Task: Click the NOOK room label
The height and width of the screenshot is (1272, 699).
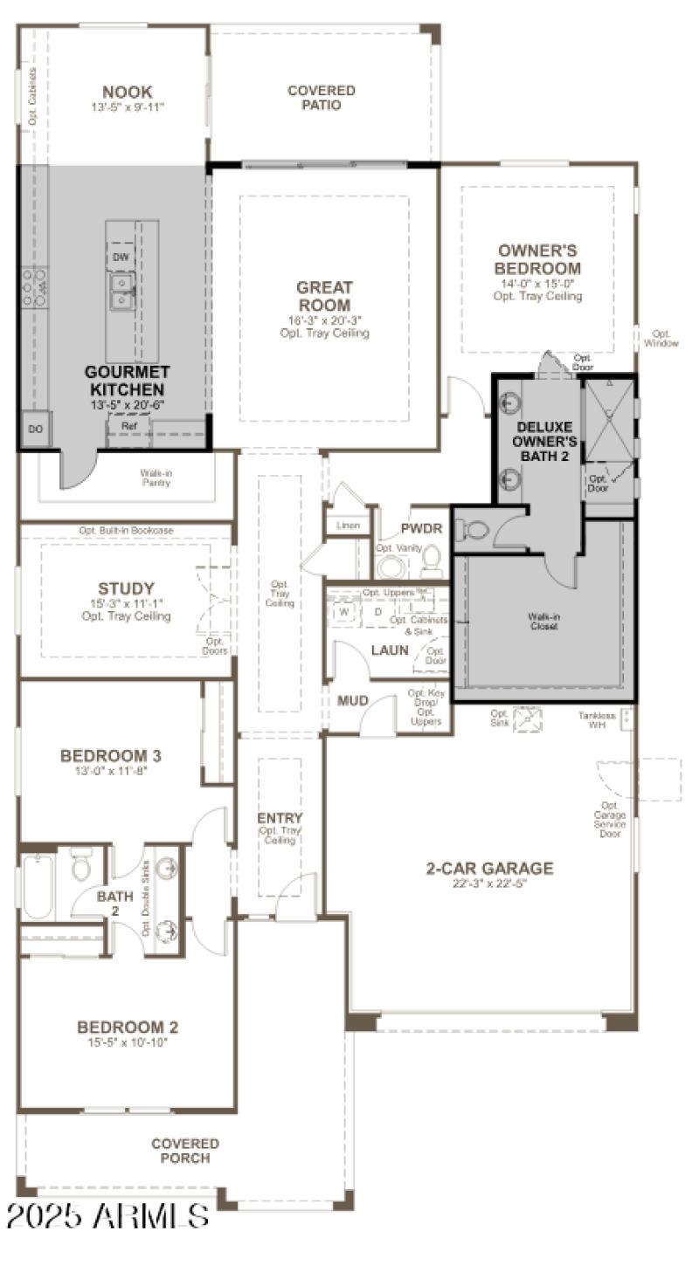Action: click(127, 92)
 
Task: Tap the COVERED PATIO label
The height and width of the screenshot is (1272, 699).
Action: click(322, 98)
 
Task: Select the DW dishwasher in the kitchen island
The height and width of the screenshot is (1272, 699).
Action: click(121, 257)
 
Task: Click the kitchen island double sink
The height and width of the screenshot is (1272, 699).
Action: click(121, 292)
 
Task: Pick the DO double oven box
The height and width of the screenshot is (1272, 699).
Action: click(35, 429)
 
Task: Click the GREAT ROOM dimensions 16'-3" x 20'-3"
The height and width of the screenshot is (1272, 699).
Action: click(324, 320)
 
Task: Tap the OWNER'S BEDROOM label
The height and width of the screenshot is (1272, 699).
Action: click(537, 259)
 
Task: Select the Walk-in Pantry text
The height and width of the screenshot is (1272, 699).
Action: click(156, 478)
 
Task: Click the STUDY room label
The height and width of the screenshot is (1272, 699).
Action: click(126, 588)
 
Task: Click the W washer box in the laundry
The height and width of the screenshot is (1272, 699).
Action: click(344, 611)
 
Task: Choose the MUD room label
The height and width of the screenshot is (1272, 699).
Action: click(353, 701)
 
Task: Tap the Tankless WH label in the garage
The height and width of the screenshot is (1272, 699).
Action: click(597, 720)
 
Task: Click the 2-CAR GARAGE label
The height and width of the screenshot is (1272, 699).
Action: click(489, 868)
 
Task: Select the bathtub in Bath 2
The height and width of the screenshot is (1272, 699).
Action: click(38, 884)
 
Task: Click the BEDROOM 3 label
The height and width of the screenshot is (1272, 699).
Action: click(110, 755)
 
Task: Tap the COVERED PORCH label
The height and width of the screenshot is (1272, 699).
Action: click(185, 1151)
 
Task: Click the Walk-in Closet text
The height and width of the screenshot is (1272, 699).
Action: click(543, 621)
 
